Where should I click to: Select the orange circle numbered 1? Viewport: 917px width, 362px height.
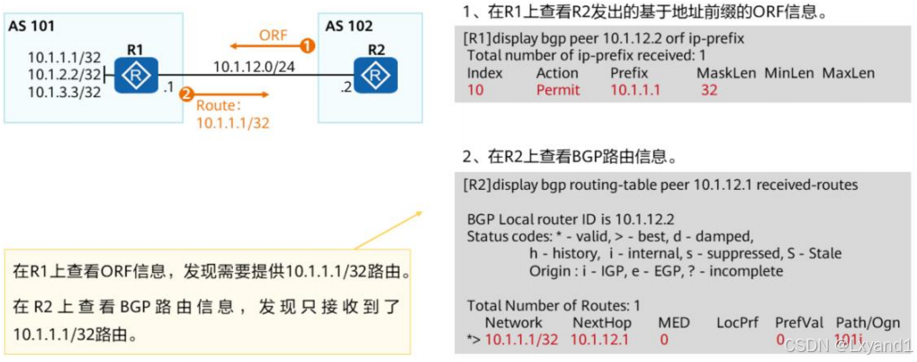coord(308,44)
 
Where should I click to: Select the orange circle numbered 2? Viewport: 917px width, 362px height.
coord(186,94)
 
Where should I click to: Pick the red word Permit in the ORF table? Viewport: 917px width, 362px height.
coord(558,90)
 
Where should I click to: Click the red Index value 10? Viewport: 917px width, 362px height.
coord(475,90)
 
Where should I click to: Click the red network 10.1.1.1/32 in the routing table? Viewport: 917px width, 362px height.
coord(522,339)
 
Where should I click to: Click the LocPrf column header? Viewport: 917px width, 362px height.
coord(737,322)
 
